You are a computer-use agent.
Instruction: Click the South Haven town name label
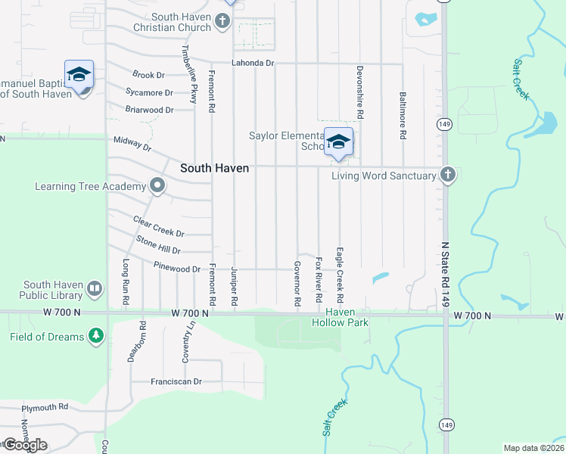[x=214, y=168]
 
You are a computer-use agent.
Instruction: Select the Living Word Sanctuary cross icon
[x=448, y=176]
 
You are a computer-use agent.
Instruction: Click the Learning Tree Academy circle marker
[x=157, y=185]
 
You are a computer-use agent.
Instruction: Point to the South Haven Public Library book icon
[x=95, y=288]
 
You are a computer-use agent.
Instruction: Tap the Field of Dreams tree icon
[x=95, y=335]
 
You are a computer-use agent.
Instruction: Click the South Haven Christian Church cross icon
[x=222, y=21]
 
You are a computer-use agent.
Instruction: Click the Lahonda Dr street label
[x=253, y=63]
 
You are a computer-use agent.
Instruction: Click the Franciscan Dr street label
[x=176, y=382]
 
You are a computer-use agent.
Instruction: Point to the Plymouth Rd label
[x=45, y=407]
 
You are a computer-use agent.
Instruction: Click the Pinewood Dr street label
[x=176, y=269]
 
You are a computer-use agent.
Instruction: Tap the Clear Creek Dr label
[x=158, y=226]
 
